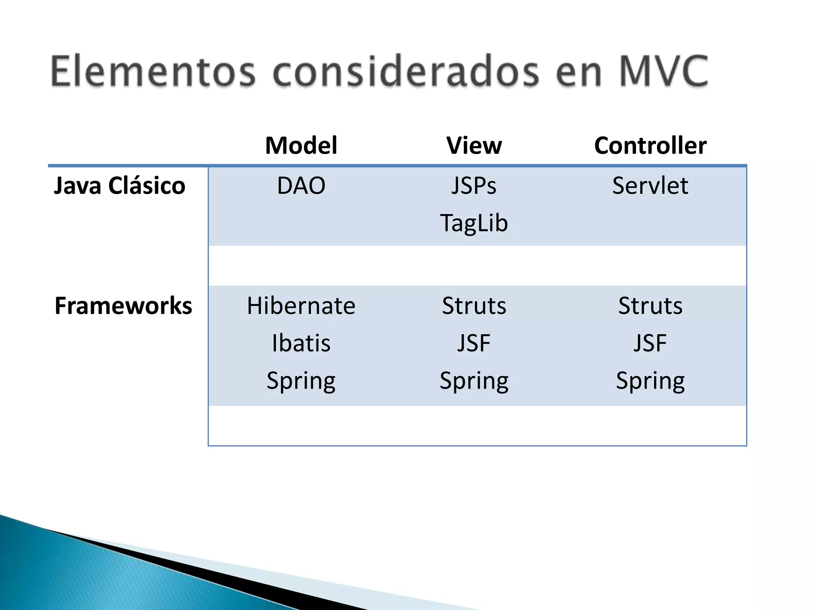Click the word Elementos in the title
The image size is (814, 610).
pyautogui.click(x=153, y=71)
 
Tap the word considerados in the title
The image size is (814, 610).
pyautogui.click(x=406, y=71)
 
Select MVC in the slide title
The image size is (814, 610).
pyautogui.click(x=663, y=71)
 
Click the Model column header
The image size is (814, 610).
pyautogui.click(x=301, y=145)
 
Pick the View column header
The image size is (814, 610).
pyautogui.click(x=474, y=145)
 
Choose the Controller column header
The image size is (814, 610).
pyautogui.click(x=650, y=145)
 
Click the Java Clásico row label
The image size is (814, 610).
pyautogui.click(x=119, y=185)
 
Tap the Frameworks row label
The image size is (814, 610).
pyautogui.click(x=123, y=306)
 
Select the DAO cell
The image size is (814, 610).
pyautogui.click(x=301, y=185)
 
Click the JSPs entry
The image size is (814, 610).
pyautogui.click(x=474, y=185)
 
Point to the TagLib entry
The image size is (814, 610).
pyautogui.click(x=474, y=223)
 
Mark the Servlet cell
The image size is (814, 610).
pyautogui.click(x=650, y=185)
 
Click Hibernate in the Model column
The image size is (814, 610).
pyautogui.click(x=301, y=306)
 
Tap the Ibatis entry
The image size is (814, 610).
pyautogui.click(x=301, y=343)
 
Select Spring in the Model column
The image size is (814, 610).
pyautogui.click(x=301, y=380)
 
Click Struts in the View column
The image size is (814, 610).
pyautogui.click(x=474, y=306)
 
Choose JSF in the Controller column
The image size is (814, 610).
pyautogui.click(x=650, y=343)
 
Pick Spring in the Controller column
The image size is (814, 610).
pyautogui.click(x=650, y=380)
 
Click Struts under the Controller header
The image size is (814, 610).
pyautogui.click(x=650, y=306)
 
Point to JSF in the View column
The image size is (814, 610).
pyautogui.click(x=474, y=343)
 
